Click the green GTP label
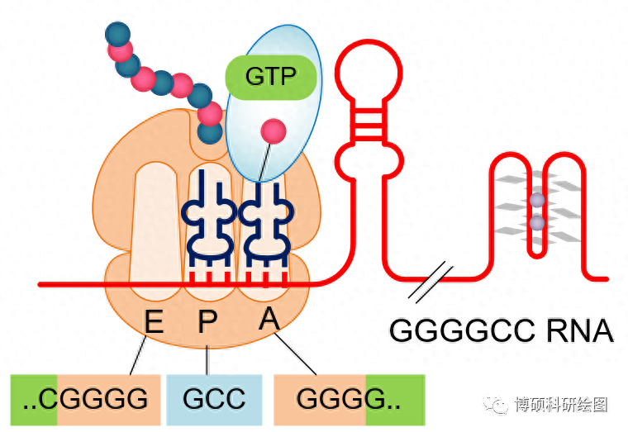tap(271, 77)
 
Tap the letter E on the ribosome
tap(154, 320)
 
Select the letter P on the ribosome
tap(207, 320)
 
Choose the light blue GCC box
tap(215, 400)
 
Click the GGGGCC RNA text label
tap(501, 330)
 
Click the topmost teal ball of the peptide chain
tap(119, 34)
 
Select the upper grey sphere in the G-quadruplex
tap(538, 201)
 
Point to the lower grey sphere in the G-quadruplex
tap(538, 223)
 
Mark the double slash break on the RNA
tap(431, 282)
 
